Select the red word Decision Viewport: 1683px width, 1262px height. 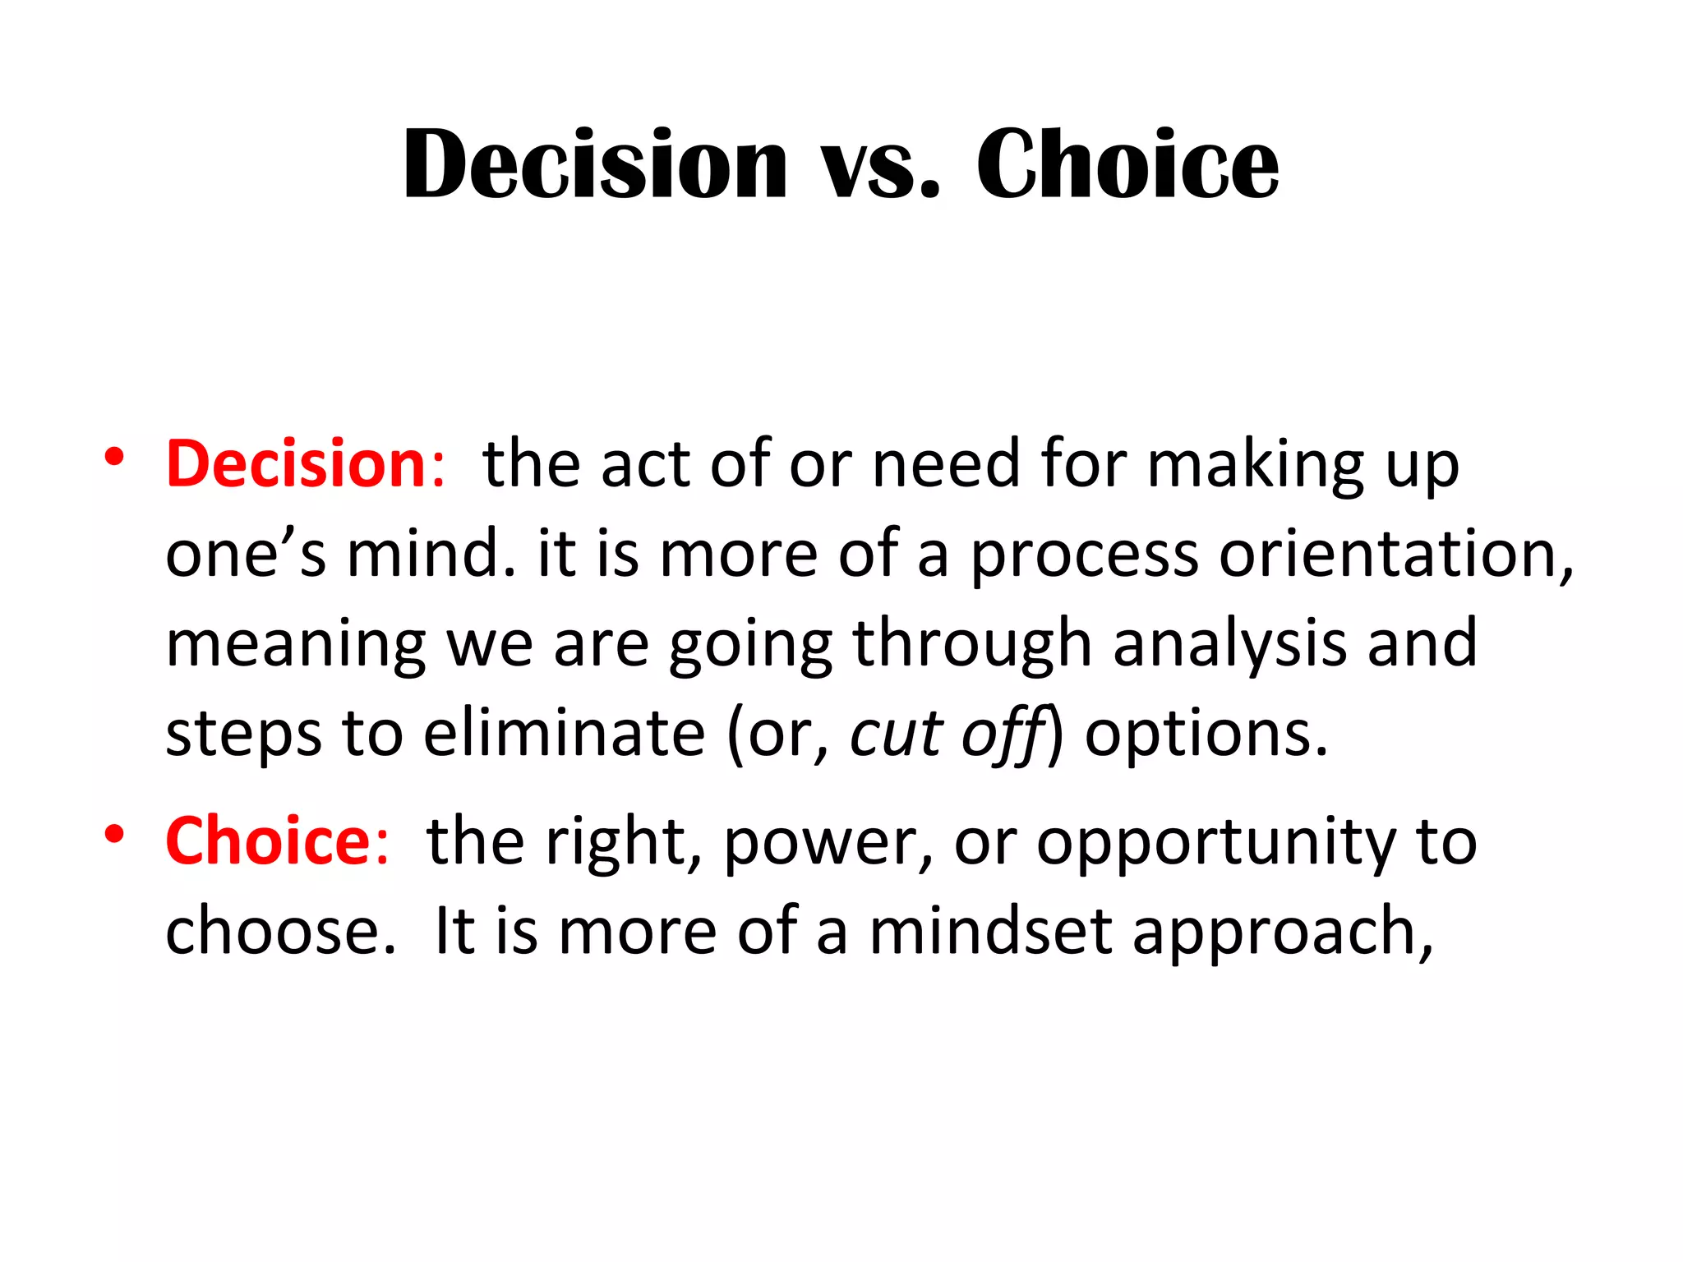pyautogui.click(x=296, y=464)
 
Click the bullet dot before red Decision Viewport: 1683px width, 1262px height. pyautogui.click(x=114, y=457)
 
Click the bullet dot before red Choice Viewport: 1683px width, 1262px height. pyautogui.click(x=114, y=833)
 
